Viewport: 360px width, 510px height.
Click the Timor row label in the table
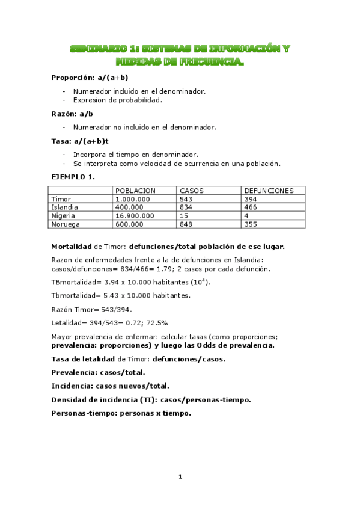tap(61, 199)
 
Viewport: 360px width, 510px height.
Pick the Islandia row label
tap(65, 207)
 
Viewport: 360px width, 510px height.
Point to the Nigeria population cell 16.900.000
tap(135, 215)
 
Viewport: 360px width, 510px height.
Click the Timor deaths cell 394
tap(251, 199)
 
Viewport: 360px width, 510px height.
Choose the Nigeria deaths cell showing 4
tap(246, 215)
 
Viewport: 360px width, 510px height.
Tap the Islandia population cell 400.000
tap(130, 207)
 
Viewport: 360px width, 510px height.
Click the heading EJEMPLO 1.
tap(73, 177)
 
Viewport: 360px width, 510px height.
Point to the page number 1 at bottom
tap(180, 477)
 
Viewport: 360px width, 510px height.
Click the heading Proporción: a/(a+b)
tap(90, 78)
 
